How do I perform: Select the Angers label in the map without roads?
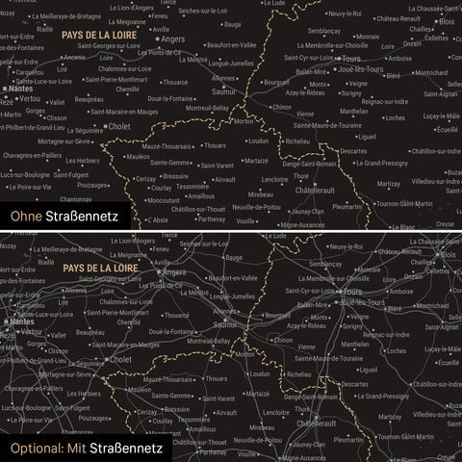coord(172,39)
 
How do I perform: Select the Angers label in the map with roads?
coord(174,272)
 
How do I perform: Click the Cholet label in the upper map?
coord(119,126)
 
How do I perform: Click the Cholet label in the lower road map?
coord(119,359)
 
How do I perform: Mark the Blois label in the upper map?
coord(446,21)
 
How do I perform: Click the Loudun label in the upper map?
coord(258,141)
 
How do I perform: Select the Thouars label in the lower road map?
coord(214,379)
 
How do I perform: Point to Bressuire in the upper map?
coord(175,177)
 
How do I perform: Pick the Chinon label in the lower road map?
coord(282,340)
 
